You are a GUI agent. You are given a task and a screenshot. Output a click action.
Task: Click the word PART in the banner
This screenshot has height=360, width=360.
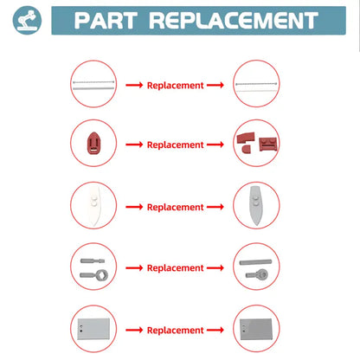coord(105,21)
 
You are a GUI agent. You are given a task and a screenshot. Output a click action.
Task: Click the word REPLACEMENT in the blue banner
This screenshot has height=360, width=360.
coord(234,21)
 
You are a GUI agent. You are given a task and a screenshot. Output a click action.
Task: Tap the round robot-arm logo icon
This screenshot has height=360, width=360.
coord(27,20)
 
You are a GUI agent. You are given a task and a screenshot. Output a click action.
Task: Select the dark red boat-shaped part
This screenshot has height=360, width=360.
coord(93,143)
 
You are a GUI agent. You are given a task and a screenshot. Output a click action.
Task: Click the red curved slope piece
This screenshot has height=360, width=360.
coord(246,138)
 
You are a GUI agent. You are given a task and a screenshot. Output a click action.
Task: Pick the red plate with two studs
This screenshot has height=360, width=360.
coord(268,144)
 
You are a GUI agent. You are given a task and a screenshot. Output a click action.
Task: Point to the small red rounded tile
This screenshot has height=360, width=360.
coord(246,149)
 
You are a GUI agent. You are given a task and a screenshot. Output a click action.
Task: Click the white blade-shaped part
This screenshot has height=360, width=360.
coord(94,205)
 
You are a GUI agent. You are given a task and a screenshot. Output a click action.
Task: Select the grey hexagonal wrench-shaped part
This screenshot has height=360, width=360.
coord(94,275)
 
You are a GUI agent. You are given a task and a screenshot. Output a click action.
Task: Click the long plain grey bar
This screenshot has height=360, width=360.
coord(255,262)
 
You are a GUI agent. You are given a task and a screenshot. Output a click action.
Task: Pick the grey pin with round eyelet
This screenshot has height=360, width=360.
coord(257,274)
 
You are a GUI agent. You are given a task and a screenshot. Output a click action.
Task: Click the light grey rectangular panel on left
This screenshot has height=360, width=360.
coord(93,329)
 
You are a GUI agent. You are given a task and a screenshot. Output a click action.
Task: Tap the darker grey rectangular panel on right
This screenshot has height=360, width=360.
coord(256,329)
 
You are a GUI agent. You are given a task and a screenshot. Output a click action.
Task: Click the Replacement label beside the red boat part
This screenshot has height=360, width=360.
coord(176,145)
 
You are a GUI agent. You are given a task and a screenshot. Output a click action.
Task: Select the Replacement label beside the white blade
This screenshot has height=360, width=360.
coord(176,207)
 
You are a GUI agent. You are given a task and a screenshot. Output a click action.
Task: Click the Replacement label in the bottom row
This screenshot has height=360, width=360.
coord(176,331)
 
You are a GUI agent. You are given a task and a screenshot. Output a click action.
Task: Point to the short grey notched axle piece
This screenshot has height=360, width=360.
coord(93,261)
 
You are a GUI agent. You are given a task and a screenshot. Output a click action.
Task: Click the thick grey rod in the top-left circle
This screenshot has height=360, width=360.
coord(93,88)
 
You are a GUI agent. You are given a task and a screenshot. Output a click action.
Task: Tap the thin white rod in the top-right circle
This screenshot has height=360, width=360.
coord(256,91)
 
